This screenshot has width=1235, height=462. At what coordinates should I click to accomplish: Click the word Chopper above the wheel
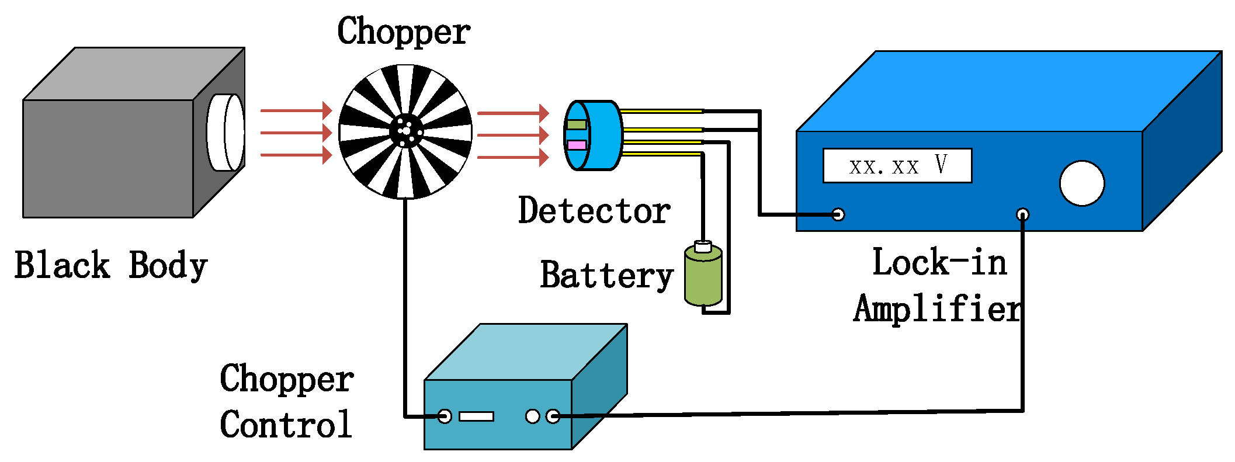(404, 32)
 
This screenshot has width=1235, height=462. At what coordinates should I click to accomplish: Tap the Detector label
(594, 211)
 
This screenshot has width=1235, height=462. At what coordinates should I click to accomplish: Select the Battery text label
(606, 275)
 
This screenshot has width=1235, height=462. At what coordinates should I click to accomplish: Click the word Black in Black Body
(62, 265)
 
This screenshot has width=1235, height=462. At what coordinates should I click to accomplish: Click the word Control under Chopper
(286, 425)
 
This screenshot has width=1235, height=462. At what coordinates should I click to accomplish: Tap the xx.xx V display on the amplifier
(897, 166)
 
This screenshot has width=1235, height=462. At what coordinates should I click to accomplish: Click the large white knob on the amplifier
(1082, 183)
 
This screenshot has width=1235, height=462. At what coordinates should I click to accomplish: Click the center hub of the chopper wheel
(405, 131)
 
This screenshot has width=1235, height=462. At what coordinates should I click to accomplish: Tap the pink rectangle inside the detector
(577, 145)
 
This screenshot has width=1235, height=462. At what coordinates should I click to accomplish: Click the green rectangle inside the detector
(577, 124)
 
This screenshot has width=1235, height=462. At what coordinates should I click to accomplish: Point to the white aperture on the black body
(226, 133)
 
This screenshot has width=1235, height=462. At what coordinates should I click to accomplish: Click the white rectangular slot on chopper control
(476, 416)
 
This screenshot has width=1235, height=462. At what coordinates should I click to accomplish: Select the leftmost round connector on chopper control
(445, 416)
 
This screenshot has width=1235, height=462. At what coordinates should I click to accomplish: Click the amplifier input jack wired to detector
(838, 215)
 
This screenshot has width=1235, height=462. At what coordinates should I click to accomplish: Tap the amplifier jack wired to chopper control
(1022, 214)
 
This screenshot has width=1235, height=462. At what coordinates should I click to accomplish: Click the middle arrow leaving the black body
(296, 133)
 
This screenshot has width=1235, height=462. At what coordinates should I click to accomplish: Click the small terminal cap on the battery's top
(703, 246)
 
